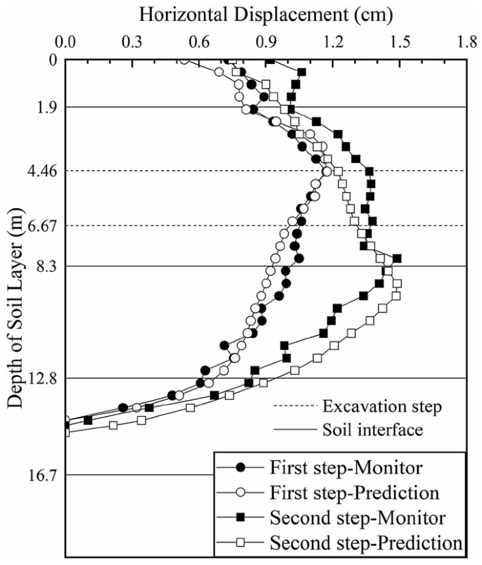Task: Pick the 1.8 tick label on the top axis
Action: pos(467,41)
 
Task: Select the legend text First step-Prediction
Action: pos(355,491)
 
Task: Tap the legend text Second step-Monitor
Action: pos(357,517)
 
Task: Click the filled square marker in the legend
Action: pos(241,517)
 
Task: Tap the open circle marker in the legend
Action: pos(241,491)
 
